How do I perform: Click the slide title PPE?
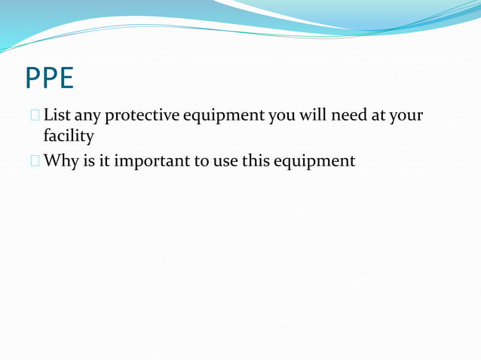tap(49, 78)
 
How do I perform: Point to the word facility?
tap(69, 136)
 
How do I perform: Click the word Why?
tap(60, 160)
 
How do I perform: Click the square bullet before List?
tap(35, 117)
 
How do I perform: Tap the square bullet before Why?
tap(35, 160)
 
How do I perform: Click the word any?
tap(89, 117)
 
